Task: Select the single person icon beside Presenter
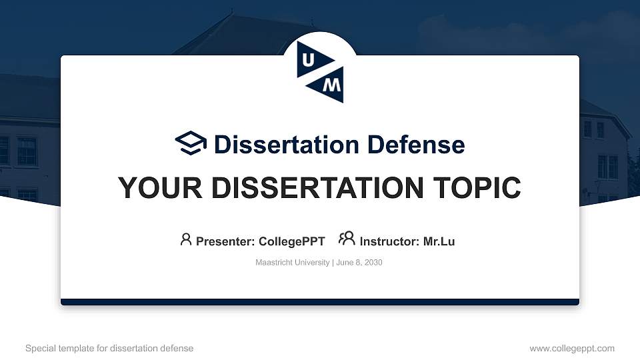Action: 186,239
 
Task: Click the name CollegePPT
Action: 292,241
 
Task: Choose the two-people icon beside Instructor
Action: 347,239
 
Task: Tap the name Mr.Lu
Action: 439,241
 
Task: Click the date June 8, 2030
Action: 359,263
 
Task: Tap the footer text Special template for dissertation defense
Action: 109,348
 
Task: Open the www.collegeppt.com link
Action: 572,348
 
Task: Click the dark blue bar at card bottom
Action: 320,302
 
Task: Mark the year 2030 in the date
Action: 373,263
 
